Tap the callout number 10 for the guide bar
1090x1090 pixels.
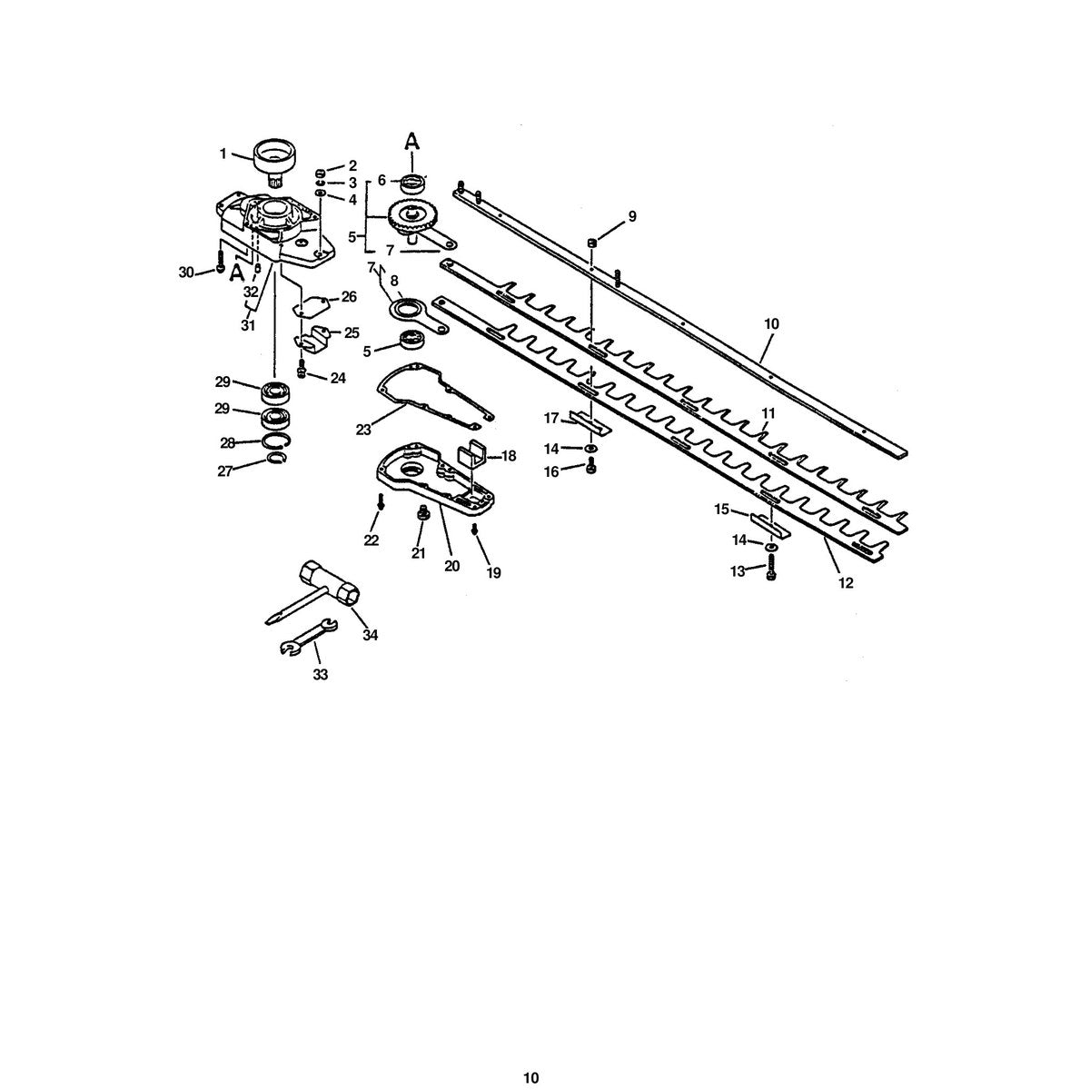(771, 324)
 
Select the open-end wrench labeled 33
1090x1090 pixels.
(309, 638)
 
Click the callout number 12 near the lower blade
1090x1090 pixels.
(845, 582)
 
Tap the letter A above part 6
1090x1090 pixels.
(412, 141)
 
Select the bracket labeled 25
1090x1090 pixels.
(312, 340)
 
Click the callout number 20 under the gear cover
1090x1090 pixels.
(452, 566)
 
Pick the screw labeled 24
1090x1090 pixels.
(302, 368)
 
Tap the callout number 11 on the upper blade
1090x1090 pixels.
(767, 413)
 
